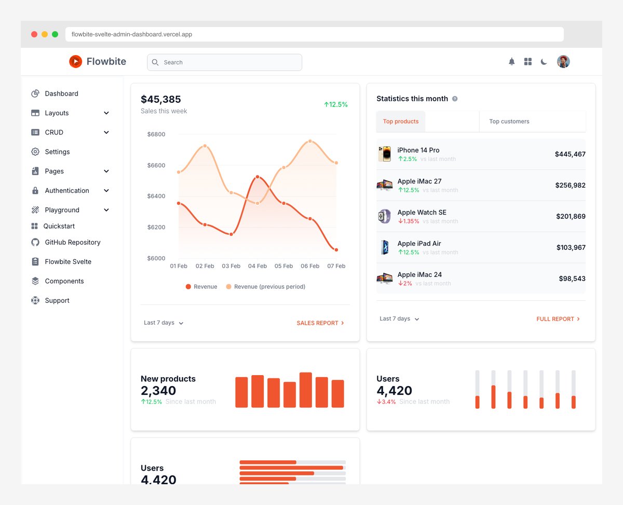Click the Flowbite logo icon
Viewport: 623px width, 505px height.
75,61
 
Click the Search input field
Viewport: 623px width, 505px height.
224,62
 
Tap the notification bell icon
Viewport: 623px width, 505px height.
511,62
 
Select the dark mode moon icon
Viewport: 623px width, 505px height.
544,62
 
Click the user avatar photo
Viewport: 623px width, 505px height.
563,62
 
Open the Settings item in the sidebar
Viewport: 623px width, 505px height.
57,152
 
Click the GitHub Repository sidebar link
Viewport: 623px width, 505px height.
72,242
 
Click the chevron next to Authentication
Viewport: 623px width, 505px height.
106,191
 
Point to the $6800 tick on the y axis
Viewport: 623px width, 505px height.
156,134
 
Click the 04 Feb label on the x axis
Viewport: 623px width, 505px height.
258,266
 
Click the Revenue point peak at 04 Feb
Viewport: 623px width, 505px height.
258,177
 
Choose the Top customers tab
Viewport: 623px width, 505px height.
509,122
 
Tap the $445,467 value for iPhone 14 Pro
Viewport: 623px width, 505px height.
570,154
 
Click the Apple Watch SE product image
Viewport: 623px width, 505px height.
384,216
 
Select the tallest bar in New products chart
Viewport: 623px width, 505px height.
306,390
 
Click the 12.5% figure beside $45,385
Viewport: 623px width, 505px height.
336,104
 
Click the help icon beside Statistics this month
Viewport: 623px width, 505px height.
455,99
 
